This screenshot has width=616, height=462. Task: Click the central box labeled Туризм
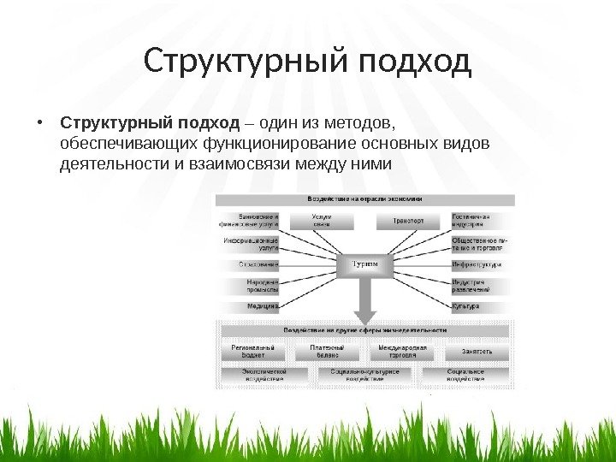[365, 265]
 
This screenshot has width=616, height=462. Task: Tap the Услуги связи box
[322, 221]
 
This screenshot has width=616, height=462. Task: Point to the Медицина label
[261, 305]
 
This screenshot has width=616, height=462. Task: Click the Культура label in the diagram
[466, 305]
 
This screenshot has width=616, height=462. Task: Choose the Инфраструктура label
[477, 265]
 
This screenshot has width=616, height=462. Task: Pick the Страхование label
[259, 265]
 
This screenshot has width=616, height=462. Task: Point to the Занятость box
[477, 352]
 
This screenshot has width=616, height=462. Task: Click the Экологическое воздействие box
[263, 376]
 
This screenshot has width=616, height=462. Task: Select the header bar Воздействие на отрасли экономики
[365, 198]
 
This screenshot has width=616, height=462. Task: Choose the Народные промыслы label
[263, 286]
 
